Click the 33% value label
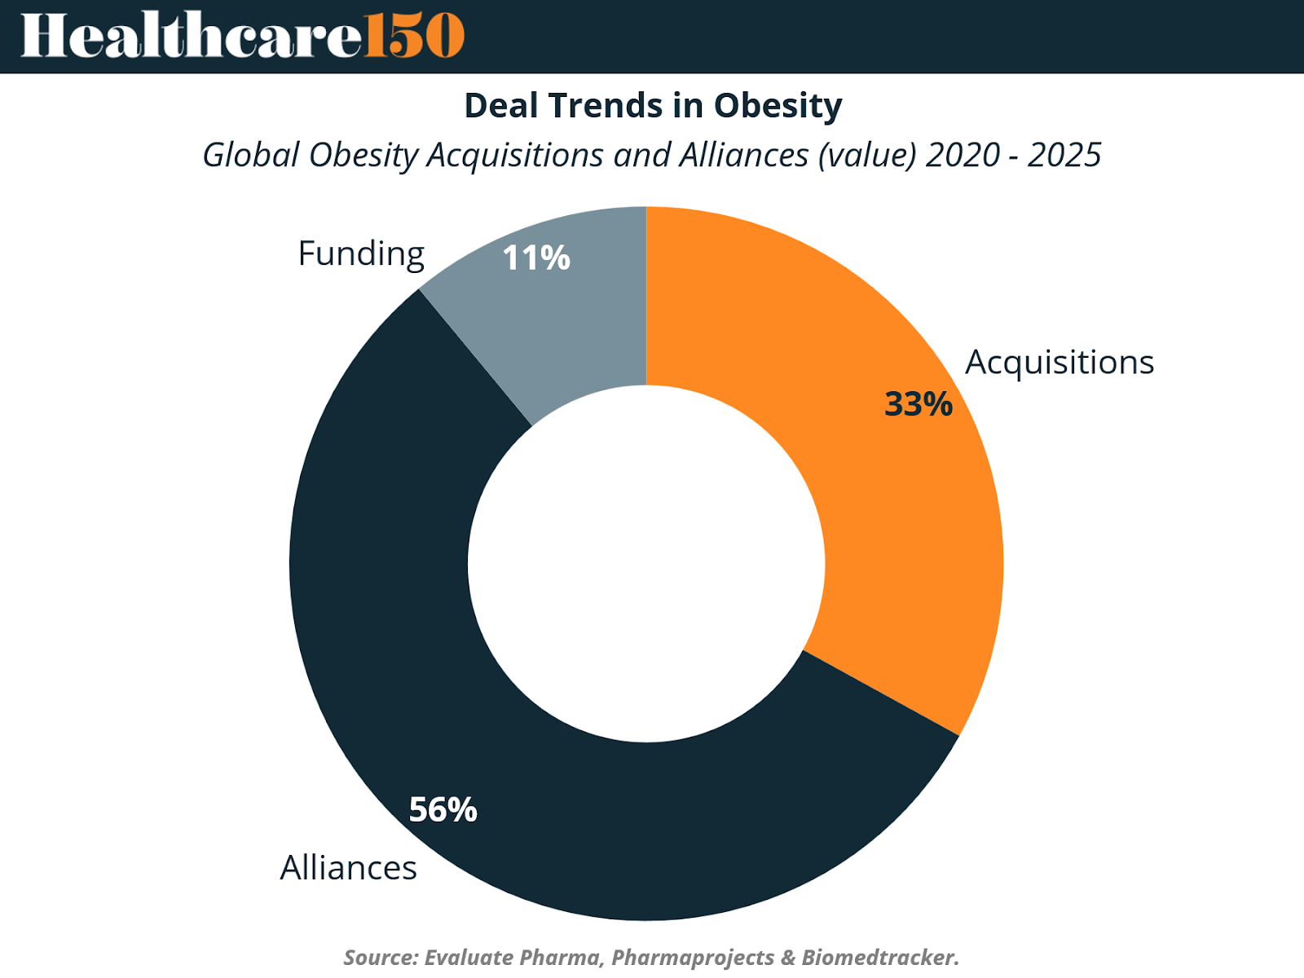[918, 404]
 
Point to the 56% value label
[443, 809]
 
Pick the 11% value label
[535, 258]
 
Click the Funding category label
[361, 254]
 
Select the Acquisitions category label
[1059, 363]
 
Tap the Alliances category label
[348, 868]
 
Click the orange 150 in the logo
[414, 36]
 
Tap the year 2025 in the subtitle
[1064, 155]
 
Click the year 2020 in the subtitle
[963, 155]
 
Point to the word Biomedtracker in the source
[879, 957]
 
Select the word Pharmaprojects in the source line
[693, 957]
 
